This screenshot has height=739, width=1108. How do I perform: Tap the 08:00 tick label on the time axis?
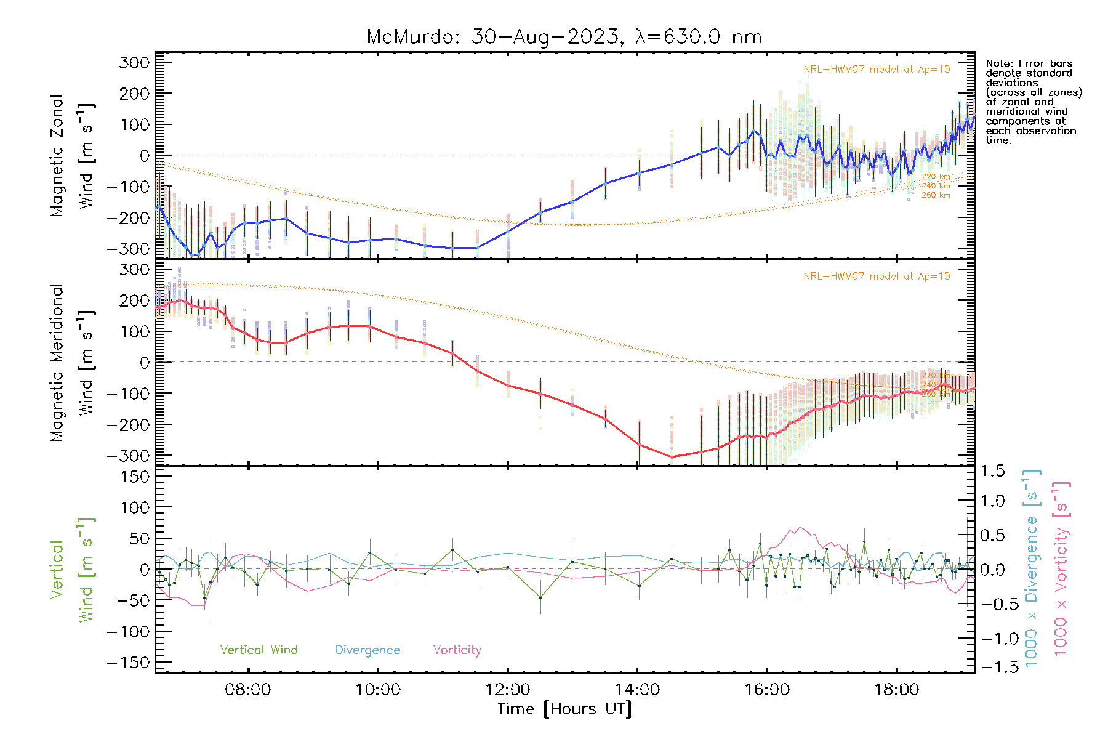pos(248,689)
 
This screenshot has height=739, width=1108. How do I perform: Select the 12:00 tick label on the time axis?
pos(507,689)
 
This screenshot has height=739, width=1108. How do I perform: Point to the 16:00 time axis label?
pos(766,689)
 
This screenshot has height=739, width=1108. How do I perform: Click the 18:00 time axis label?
pos(896,689)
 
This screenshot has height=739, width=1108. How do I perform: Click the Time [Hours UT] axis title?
pos(564,709)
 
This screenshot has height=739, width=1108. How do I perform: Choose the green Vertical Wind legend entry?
pos(259,650)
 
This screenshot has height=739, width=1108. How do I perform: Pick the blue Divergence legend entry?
pos(367,650)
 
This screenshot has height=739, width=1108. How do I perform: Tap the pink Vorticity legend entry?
pos(457,650)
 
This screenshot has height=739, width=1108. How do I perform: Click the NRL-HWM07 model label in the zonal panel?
pos(877,70)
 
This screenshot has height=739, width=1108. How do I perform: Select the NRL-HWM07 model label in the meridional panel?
pos(877,277)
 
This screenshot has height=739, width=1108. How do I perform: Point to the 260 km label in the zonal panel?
pos(936,195)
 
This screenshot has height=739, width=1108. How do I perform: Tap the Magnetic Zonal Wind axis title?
pos(73,156)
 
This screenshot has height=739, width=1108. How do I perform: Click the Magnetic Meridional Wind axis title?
pos(73,363)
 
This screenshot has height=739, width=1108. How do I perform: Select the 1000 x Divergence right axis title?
pos(1032,570)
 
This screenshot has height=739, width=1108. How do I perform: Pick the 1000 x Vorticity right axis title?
pos(1061,570)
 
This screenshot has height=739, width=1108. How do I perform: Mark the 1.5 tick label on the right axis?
pos(993,471)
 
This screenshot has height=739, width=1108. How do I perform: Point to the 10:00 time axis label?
pos(378,689)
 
